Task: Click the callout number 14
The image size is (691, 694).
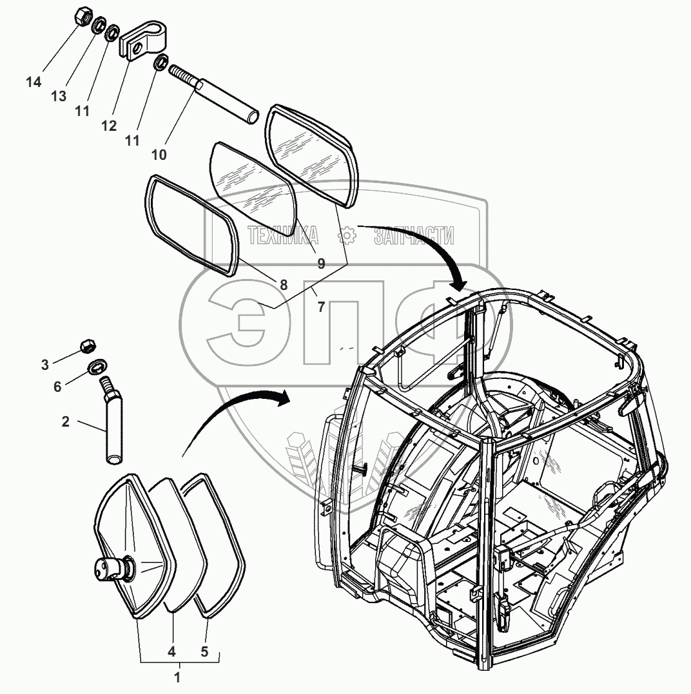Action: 34,82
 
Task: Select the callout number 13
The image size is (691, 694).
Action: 59,96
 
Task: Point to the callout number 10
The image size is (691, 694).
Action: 159,155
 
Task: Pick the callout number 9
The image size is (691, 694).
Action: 321,264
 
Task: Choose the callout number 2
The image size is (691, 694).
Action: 66,423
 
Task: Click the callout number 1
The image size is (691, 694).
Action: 178,677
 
